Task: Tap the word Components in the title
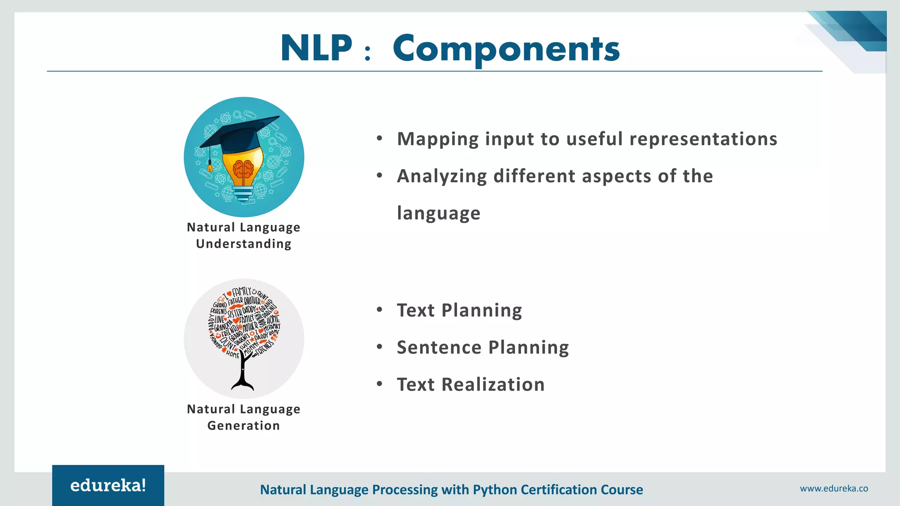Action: [506, 49]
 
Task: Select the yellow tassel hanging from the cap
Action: [210, 166]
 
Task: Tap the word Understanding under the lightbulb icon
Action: [243, 244]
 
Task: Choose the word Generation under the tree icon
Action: [243, 426]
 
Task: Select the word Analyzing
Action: [442, 177]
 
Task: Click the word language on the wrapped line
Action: [438, 213]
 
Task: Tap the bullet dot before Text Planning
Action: [380, 310]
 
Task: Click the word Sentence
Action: [439, 347]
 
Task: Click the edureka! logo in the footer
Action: [108, 485]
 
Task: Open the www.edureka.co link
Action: [834, 488]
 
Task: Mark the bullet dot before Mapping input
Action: [380, 139]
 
